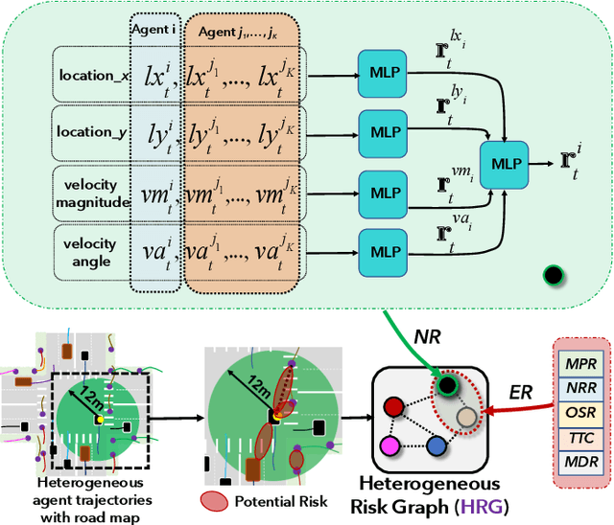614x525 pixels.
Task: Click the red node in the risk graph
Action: click(391, 407)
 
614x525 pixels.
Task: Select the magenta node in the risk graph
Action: click(389, 445)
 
